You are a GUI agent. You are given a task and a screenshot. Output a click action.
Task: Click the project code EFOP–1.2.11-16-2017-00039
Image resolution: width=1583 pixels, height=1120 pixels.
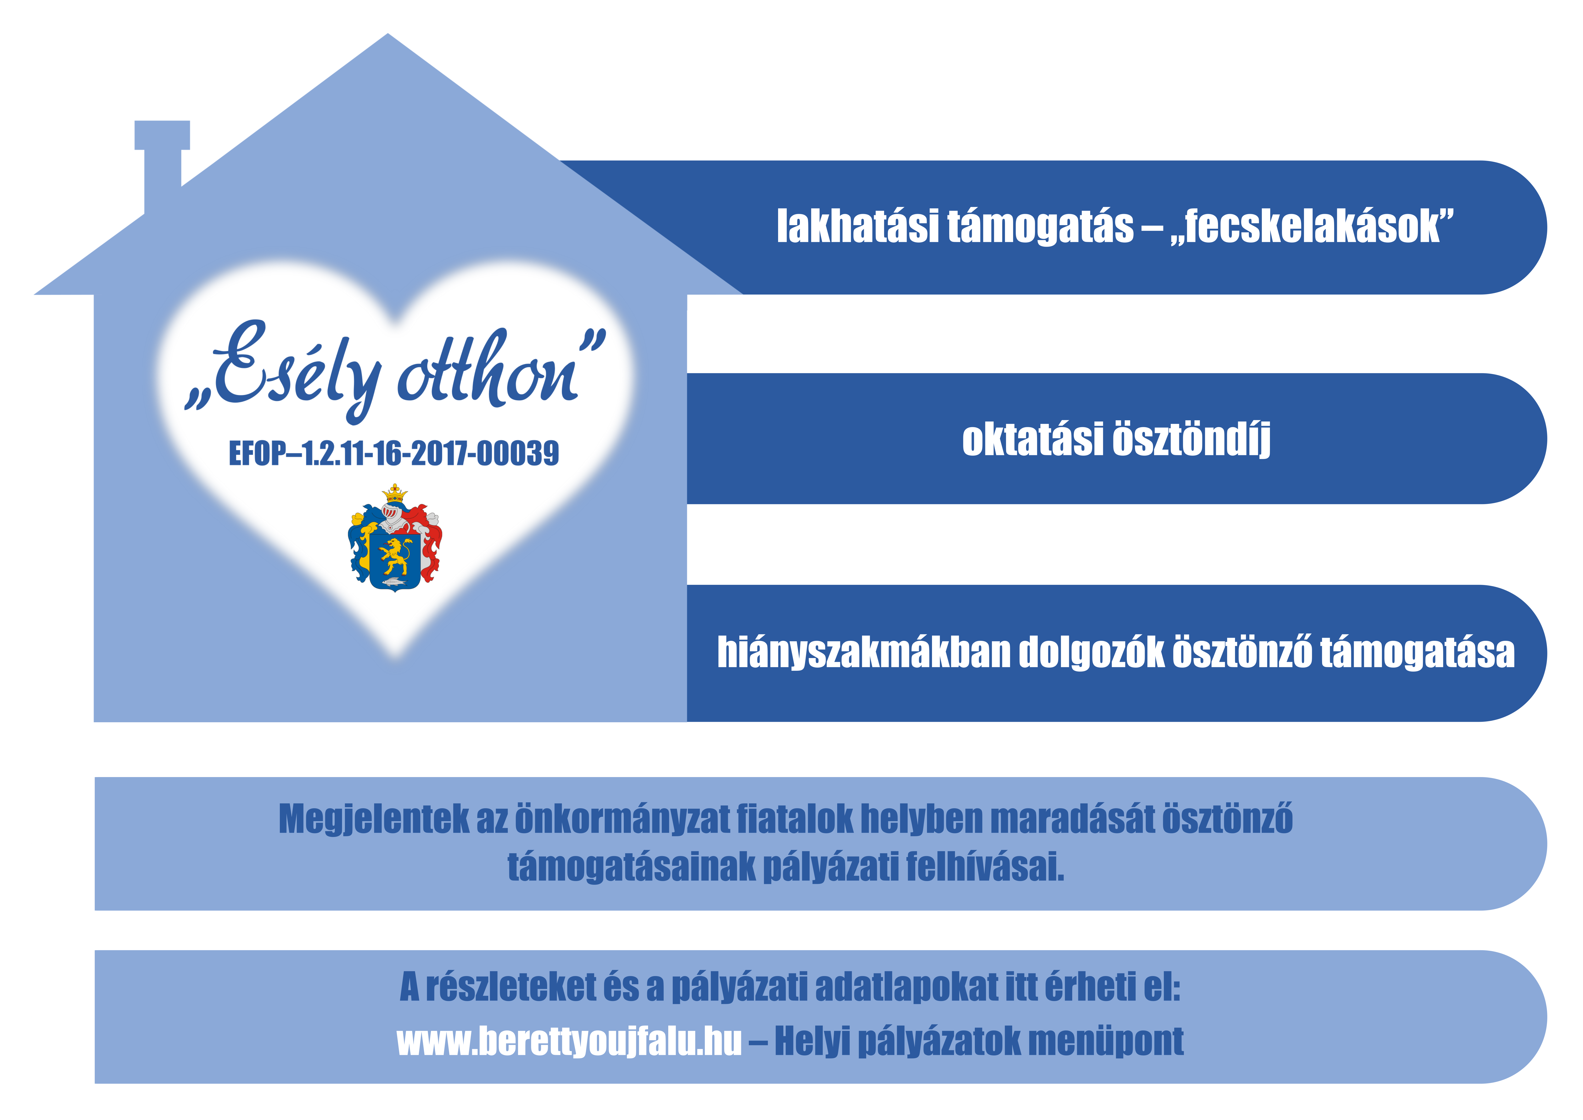394,454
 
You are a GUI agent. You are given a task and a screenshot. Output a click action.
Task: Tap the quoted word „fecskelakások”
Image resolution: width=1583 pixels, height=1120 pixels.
1312,226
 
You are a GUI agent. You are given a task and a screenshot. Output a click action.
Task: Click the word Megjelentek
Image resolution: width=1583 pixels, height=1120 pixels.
374,819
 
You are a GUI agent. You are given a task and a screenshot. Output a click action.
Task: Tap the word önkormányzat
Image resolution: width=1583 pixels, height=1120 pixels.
622,819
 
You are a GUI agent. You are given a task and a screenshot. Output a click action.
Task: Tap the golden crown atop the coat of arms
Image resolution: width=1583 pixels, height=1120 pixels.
394,492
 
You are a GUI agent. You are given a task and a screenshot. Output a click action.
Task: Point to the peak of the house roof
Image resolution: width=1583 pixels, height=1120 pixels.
387,34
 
